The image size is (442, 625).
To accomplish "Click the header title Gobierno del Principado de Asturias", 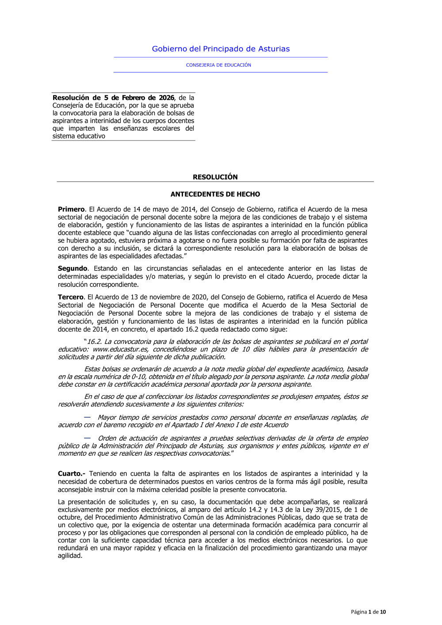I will (221, 49).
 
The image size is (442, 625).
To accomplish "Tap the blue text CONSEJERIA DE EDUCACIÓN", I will (218, 65).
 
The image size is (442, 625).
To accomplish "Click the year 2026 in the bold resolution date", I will (166, 98).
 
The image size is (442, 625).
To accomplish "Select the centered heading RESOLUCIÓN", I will (215, 177).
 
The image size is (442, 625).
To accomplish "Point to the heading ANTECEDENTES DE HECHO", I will (215, 194).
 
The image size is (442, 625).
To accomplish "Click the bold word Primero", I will (71, 210).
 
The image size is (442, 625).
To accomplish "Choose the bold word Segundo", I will (72, 269).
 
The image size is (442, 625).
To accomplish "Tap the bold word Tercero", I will (70, 297).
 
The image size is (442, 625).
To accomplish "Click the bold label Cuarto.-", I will (71, 474).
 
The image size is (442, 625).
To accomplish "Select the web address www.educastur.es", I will (120, 350).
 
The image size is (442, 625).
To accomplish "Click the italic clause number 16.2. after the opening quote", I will (93, 342).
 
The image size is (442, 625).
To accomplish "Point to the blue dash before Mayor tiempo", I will (87, 417).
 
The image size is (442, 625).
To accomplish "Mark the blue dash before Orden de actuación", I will (87, 438).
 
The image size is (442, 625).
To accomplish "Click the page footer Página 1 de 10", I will (368, 612).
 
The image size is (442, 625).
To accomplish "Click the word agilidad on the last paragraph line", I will (70, 556).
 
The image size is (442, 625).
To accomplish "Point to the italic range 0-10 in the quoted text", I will (139, 377).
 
